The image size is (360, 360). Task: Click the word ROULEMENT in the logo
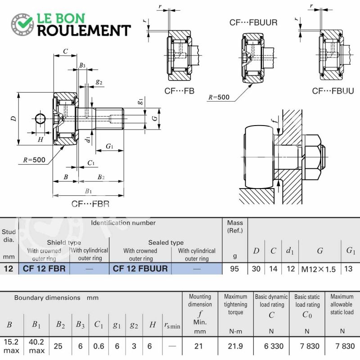click(84, 31)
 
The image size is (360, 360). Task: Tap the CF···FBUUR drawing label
click(253, 22)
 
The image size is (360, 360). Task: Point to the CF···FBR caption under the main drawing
click(90, 204)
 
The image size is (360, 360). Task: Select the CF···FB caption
click(179, 91)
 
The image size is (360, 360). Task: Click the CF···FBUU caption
click(333, 91)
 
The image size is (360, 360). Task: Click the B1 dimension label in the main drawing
click(88, 191)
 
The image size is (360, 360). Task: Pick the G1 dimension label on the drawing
click(109, 146)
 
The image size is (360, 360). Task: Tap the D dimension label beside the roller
click(14, 118)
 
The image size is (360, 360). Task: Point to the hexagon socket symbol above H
click(40, 119)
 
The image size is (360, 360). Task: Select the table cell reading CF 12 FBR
click(44, 269)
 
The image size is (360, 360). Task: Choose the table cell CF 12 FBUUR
click(140, 269)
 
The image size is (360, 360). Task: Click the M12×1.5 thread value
click(319, 269)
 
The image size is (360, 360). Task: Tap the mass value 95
click(234, 269)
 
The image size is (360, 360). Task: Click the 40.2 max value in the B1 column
click(36, 346)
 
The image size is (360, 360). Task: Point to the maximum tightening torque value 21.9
click(235, 346)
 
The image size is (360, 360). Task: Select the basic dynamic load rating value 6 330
click(274, 346)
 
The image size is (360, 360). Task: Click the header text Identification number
click(123, 223)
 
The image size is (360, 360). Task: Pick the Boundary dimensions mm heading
click(57, 298)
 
